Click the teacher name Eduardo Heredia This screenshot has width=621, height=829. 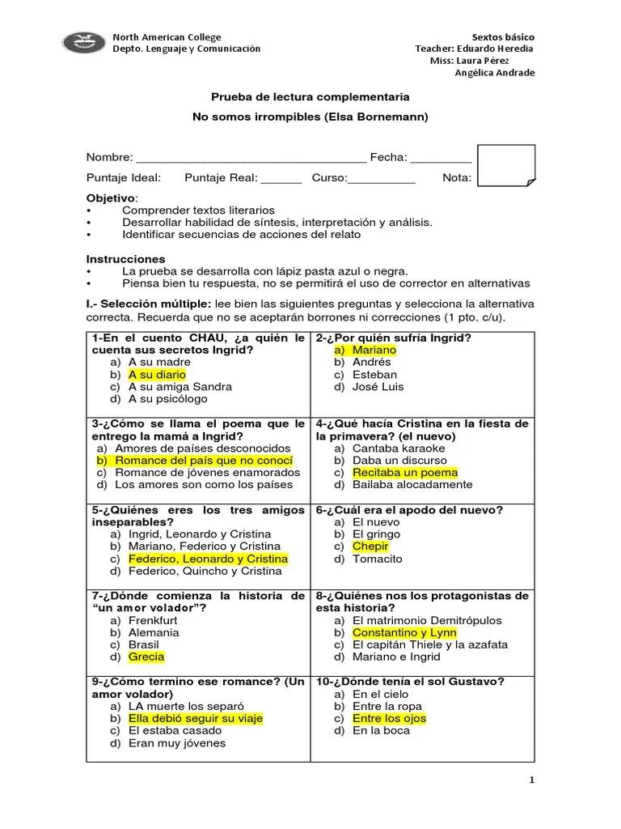click(x=496, y=49)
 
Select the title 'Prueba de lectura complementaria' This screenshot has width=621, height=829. click(x=310, y=96)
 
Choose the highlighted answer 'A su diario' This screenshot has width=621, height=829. click(x=157, y=375)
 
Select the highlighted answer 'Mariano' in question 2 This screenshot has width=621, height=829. click(x=374, y=351)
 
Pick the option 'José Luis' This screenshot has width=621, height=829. click(x=378, y=387)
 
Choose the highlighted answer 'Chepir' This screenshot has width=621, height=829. click(x=370, y=546)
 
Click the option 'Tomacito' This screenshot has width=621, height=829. click(x=377, y=559)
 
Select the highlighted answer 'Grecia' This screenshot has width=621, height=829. click(x=146, y=657)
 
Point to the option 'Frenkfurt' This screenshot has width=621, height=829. click(x=154, y=620)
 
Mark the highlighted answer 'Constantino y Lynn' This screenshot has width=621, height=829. click(x=404, y=632)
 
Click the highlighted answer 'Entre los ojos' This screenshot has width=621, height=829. click(x=389, y=718)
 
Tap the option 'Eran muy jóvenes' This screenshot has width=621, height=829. click(x=177, y=743)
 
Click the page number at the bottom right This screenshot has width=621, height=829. click(x=531, y=780)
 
